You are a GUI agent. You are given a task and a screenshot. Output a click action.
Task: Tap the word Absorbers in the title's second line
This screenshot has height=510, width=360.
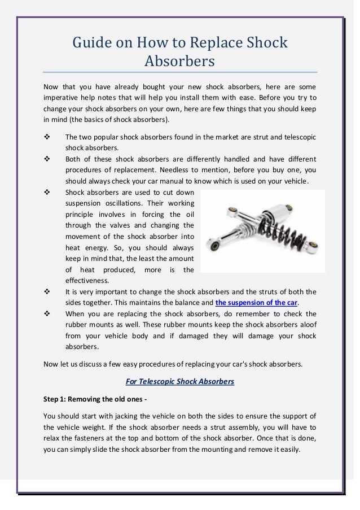click(180, 61)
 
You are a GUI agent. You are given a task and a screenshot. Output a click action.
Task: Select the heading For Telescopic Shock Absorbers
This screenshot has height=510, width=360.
click(179, 382)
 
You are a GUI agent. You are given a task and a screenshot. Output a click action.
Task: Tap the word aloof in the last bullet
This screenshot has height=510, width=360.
click(306, 324)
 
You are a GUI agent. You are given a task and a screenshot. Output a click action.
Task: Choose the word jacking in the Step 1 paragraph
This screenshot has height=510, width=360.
click(117, 417)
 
